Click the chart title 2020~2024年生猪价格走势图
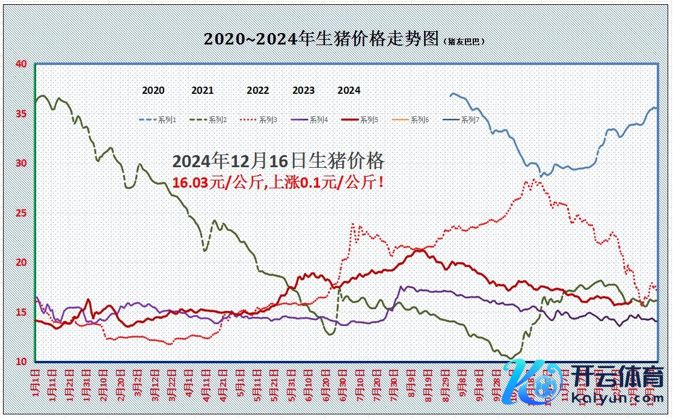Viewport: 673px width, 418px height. [x=321, y=39]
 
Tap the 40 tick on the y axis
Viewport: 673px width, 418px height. [x=22, y=64]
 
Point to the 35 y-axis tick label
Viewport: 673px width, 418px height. [x=22, y=113]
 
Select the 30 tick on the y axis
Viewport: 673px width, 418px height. [x=22, y=163]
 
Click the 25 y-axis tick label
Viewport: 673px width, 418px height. [x=22, y=213]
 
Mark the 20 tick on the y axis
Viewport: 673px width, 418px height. [x=22, y=262]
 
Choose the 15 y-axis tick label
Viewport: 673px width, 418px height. [x=22, y=312]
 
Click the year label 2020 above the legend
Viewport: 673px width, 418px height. [x=153, y=90]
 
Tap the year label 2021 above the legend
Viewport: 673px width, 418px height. [x=203, y=90]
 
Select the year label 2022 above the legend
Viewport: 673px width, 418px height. [x=258, y=90]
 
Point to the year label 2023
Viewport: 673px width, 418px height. [x=304, y=90]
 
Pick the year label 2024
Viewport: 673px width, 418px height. [x=349, y=90]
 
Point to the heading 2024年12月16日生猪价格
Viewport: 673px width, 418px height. [x=278, y=161]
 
